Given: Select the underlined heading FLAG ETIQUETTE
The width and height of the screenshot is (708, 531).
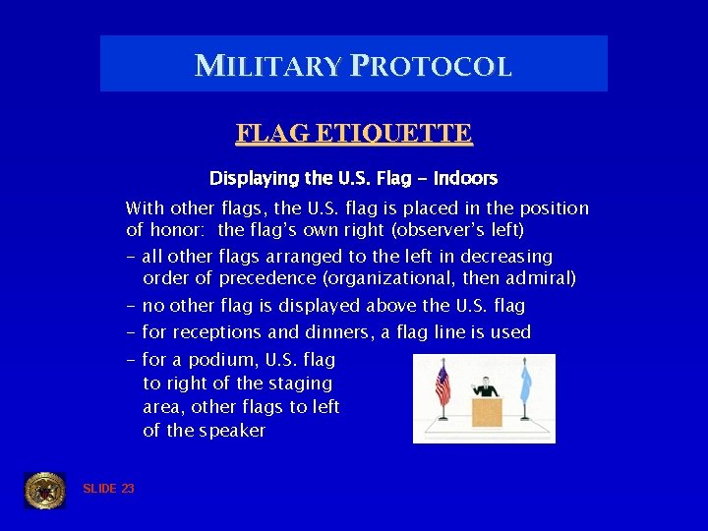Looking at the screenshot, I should click(x=354, y=134).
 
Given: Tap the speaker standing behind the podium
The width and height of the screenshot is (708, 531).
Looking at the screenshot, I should click(x=484, y=387).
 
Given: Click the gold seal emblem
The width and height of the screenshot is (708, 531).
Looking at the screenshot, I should click(x=44, y=489).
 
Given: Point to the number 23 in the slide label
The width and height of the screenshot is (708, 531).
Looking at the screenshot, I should click(x=128, y=489).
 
